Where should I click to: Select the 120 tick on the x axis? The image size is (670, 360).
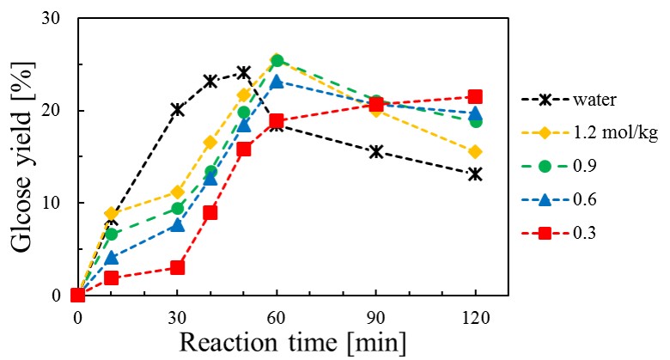click(474, 316)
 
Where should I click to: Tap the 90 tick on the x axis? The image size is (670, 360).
click(375, 316)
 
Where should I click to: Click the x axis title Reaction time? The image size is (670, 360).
click(288, 341)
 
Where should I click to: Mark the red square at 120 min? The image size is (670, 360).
click(474, 97)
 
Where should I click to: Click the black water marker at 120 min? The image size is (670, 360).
click(474, 174)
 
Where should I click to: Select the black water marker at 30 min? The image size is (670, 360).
click(177, 109)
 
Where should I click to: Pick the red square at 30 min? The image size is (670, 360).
click(177, 267)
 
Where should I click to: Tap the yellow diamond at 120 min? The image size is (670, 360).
click(474, 152)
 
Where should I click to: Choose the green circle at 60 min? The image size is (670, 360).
click(277, 61)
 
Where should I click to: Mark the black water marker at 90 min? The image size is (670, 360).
click(375, 152)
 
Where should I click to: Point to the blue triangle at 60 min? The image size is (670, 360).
click(277, 82)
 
